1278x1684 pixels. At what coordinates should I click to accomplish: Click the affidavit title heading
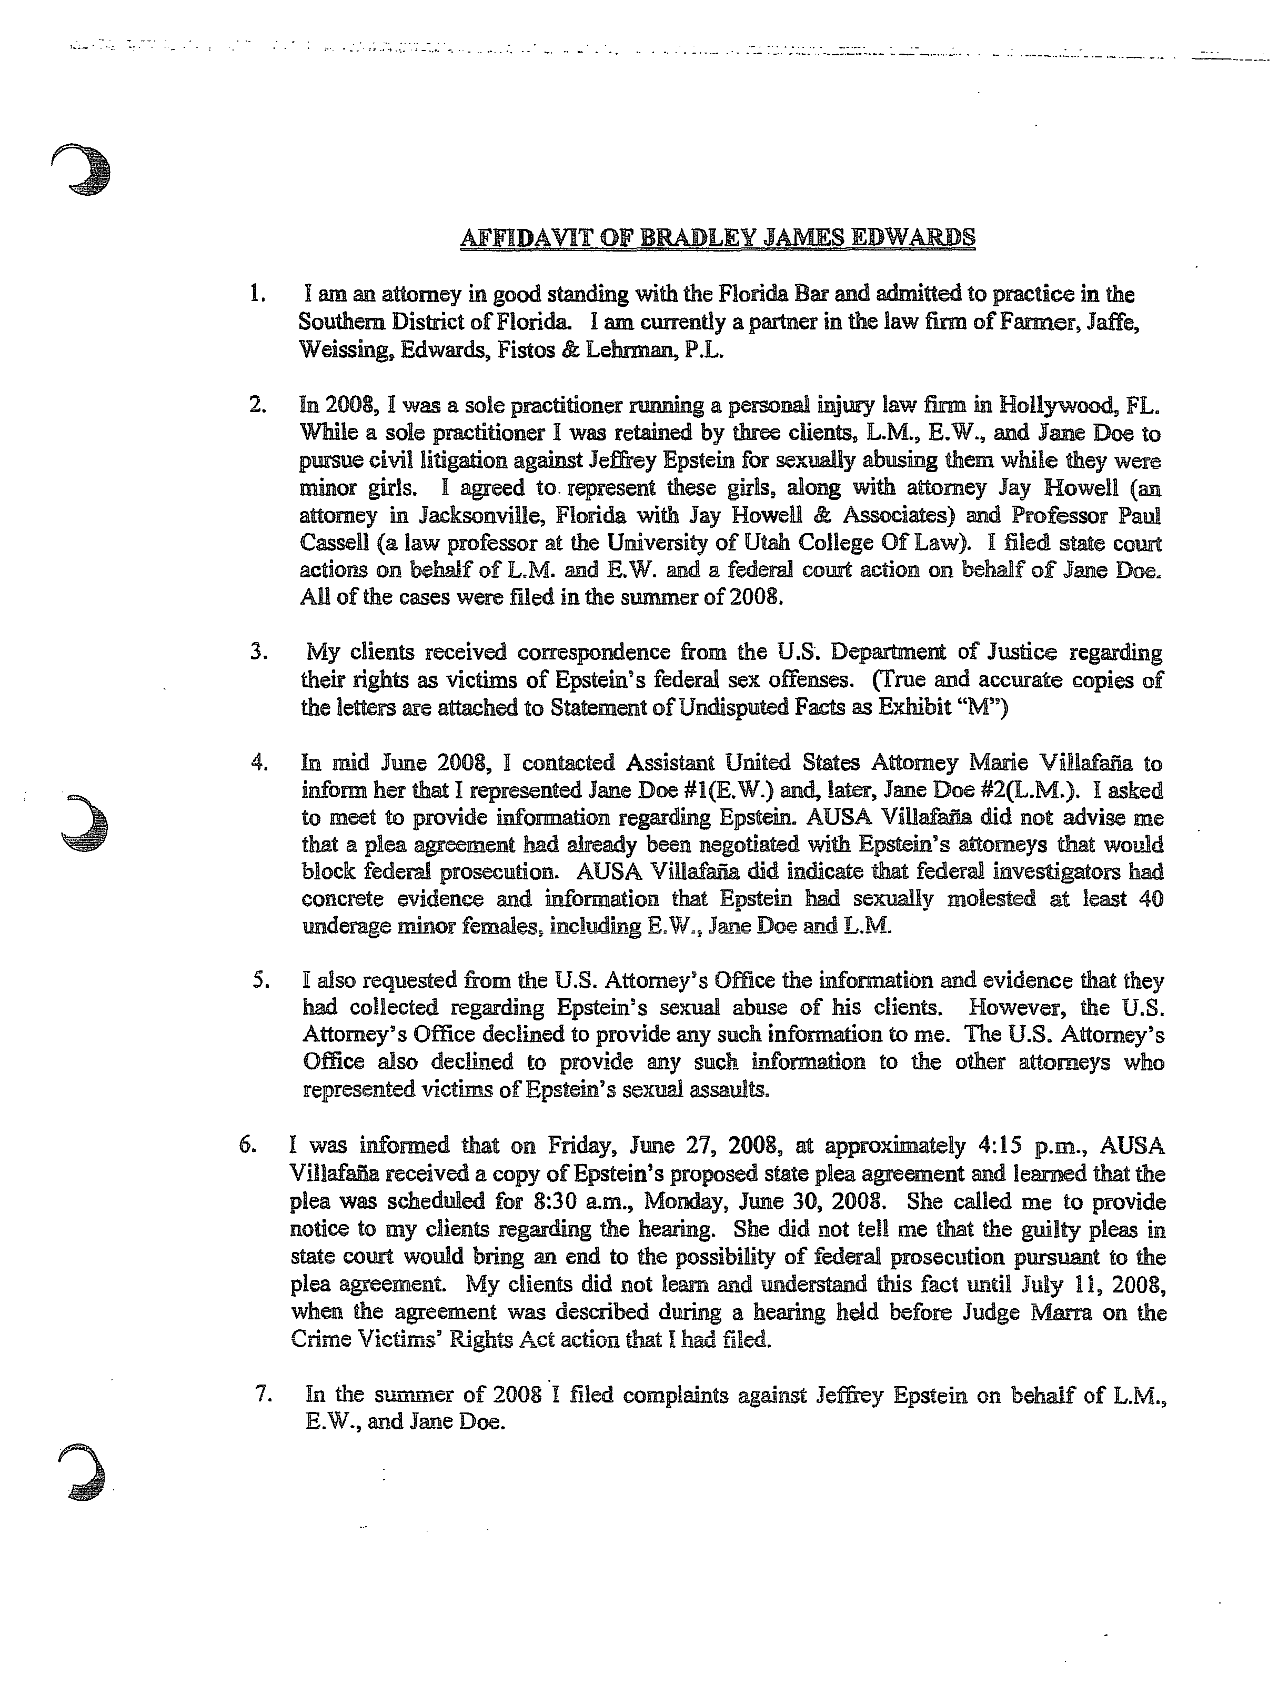click(718, 238)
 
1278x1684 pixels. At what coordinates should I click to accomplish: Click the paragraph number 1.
click(257, 294)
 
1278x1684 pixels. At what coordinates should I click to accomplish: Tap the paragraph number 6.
click(247, 1145)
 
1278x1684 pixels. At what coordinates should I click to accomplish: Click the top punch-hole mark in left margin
click(82, 169)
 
